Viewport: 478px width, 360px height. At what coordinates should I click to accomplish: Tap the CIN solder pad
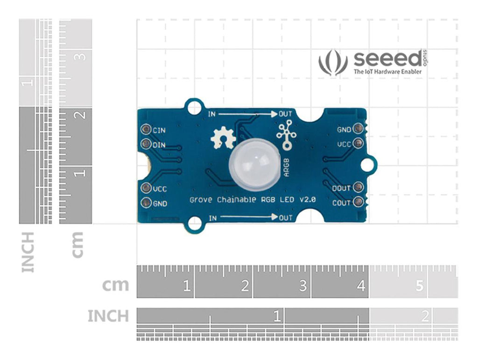146,129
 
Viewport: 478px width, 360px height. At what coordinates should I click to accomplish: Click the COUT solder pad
358,202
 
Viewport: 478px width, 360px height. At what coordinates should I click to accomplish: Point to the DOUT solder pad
358,188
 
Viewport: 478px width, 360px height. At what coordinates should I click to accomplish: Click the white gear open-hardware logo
222,138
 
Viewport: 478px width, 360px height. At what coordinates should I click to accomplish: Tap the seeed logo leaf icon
333,63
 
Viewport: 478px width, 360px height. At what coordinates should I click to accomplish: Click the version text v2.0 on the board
308,200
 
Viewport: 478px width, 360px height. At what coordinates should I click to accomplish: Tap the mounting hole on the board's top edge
193,107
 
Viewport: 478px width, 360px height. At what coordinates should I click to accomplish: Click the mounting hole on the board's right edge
368,164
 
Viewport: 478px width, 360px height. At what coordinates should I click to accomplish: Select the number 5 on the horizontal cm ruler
419,286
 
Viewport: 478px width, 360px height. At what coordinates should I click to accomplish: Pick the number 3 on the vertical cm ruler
81,56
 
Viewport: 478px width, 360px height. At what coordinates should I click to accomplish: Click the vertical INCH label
28,252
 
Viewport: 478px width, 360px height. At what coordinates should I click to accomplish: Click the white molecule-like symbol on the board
286,135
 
